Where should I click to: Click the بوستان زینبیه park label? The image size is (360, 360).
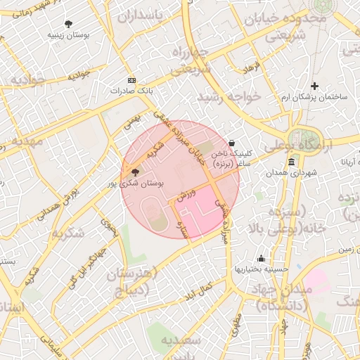pyautogui.click(x=67, y=34)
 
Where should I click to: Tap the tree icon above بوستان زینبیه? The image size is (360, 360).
pyautogui.click(x=68, y=24)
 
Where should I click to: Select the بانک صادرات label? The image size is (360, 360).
pyautogui.click(x=131, y=91)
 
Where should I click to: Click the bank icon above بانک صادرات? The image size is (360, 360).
pyautogui.click(x=131, y=81)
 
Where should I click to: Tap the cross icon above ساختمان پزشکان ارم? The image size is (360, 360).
pyautogui.click(x=315, y=86)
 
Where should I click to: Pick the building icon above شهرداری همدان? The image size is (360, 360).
pyautogui.click(x=292, y=162)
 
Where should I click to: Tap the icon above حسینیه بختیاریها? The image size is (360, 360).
pyautogui.click(x=262, y=259)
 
